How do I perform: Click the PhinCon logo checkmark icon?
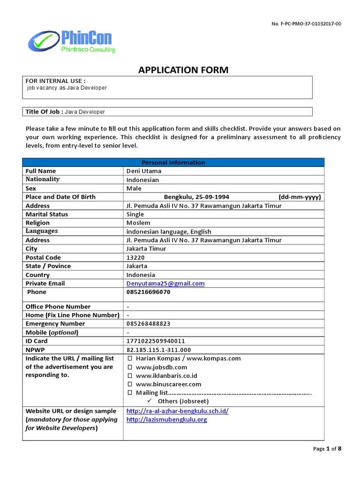[x=43, y=41]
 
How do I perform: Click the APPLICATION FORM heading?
[x=183, y=70]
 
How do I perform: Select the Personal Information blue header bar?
[x=173, y=162]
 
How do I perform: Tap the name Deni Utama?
[x=143, y=171]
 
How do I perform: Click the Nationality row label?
[x=43, y=180]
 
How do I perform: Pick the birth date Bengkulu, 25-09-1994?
[x=196, y=197]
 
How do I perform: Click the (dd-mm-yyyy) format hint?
[x=300, y=197]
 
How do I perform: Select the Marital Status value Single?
[x=135, y=214]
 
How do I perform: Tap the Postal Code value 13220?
[x=135, y=257]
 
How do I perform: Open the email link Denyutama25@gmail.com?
[x=165, y=284]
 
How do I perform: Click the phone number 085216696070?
[x=148, y=292]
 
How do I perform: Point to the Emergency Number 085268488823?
[x=148, y=324]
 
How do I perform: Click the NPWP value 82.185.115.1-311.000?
[x=158, y=350]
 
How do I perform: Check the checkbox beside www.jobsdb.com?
[x=130, y=367]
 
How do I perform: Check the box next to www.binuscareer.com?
[x=130, y=384]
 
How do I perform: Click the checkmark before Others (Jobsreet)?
[x=150, y=401]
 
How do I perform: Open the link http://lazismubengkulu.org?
[x=166, y=420]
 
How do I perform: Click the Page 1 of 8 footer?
[x=327, y=449]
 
